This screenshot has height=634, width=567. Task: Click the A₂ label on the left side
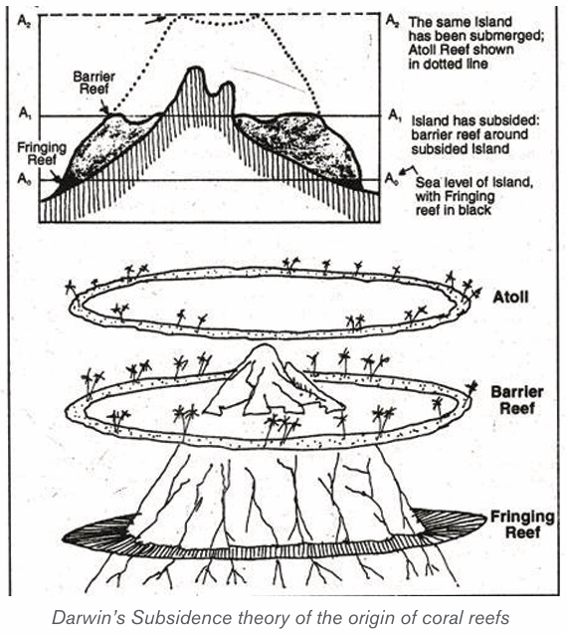tap(22, 20)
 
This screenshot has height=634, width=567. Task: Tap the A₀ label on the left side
tap(23, 178)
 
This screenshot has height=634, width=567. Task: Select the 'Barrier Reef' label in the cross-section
tap(94, 83)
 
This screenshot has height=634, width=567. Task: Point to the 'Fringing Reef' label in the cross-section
tap(42, 153)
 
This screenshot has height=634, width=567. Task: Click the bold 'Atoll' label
tap(510, 298)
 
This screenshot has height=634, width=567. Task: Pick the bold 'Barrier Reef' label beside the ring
tap(517, 399)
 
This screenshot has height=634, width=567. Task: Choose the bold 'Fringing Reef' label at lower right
tap(521, 525)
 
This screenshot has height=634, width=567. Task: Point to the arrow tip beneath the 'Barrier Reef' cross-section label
tap(106, 113)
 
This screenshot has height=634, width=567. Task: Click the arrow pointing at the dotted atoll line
tap(155, 20)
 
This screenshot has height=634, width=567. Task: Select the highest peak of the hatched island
tap(194, 69)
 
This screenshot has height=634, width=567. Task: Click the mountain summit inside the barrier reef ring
tap(264, 346)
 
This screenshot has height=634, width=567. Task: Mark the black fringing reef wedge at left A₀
tap(64, 182)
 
